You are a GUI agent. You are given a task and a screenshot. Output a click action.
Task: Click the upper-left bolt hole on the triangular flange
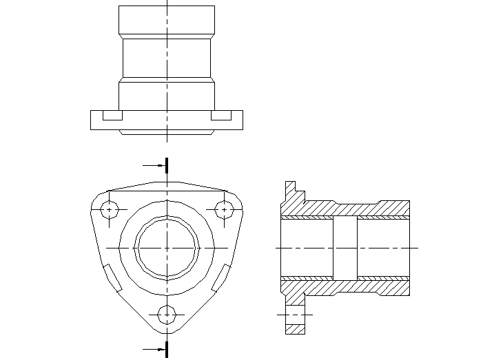[x=110, y=209]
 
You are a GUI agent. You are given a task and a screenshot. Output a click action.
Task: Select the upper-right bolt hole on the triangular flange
[x=225, y=209]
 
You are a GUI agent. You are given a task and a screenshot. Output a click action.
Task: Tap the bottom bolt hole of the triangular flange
[x=167, y=313]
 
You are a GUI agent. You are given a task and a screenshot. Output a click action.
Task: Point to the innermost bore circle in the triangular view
[x=167, y=246]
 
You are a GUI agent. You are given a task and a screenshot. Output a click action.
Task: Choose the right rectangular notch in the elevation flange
[x=221, y=116]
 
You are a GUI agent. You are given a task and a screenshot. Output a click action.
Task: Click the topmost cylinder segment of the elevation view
[x=167, y=21]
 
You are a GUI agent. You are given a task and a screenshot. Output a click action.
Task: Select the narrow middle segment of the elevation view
[x=167, y=58]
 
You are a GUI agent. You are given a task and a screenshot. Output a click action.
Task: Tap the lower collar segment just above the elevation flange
[x=167, y=94]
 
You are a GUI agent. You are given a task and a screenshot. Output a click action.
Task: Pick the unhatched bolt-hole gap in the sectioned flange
[x=295, y=315]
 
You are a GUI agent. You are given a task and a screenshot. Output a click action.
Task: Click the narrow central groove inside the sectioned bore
[x=345, y=246]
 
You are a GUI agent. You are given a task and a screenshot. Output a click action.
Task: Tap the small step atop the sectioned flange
[x=290, y=187]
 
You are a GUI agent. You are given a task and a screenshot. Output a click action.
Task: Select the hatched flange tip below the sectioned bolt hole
[x=295, y=329]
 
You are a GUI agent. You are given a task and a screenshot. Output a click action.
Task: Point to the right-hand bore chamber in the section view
[x=383, y=246]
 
